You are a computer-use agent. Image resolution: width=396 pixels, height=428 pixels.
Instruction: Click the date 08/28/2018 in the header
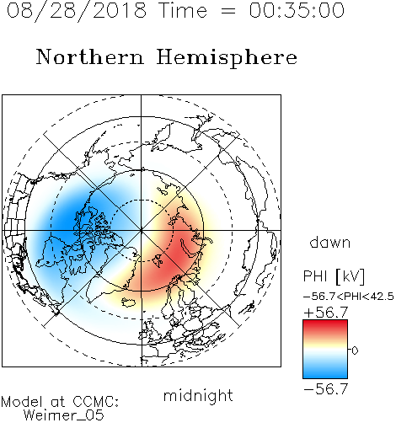pos(77,10)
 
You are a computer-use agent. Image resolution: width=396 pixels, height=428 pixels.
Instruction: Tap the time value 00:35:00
pos(297,10)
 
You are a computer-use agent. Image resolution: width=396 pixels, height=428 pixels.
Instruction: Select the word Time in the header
pos(183,10)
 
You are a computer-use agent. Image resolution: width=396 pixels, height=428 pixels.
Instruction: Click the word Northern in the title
pos(90,57)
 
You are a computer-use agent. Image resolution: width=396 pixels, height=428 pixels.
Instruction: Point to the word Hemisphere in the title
pos(227,58)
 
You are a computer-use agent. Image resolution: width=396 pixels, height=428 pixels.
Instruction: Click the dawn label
pos(330,243)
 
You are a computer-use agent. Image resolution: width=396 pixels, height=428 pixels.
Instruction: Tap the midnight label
pos(198,395)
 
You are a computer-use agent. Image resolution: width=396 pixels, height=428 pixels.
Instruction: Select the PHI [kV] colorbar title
pos(334,276)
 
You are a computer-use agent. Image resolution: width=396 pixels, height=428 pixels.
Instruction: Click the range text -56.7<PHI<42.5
pos(349,297)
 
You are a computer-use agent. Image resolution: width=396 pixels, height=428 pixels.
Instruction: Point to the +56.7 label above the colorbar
pos(326,313)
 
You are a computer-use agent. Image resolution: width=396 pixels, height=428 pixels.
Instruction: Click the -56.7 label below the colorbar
pos(326,389)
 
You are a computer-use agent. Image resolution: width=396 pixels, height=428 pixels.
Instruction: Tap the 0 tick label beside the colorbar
pos(355,350)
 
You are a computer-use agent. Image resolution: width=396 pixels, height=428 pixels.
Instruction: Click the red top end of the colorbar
pos(325,323)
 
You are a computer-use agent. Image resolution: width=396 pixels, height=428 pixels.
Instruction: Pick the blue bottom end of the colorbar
pos(325,376)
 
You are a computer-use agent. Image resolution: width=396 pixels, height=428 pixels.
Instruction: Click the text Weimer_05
pos(64,415)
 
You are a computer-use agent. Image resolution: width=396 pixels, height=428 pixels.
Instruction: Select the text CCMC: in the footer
pos(95,402)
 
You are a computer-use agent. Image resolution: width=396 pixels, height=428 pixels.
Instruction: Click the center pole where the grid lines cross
pos(142,230)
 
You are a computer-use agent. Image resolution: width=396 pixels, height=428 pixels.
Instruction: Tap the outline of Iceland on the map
pos(129,302)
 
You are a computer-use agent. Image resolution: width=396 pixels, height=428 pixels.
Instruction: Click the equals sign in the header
pos(228,11)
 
